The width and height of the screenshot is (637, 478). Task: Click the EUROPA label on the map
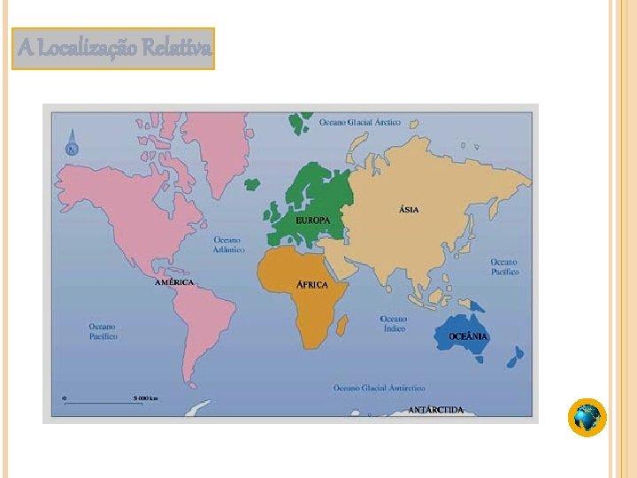(312, 220)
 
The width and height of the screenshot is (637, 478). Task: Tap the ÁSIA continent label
(409, 210)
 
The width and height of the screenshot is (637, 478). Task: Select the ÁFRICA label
(311, 285)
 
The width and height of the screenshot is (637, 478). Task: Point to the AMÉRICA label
(173, 281)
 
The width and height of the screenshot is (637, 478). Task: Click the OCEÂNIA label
(468, 336)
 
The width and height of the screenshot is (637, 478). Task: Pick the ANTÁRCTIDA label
(435, 410)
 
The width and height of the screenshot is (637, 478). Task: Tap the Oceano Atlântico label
(228, 244)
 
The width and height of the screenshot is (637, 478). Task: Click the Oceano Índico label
(394, 323)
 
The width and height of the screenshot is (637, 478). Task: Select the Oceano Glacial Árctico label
(360, 122)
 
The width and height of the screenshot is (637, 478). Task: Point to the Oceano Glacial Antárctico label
(380, 388)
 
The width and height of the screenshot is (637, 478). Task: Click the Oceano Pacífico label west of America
(102, 331)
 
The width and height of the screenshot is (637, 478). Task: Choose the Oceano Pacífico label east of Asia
(504, 266)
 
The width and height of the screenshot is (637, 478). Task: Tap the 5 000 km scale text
(146, 398)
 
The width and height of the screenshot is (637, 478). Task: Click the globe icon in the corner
(587, 417)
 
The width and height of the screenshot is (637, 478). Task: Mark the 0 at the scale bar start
(64, 398)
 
